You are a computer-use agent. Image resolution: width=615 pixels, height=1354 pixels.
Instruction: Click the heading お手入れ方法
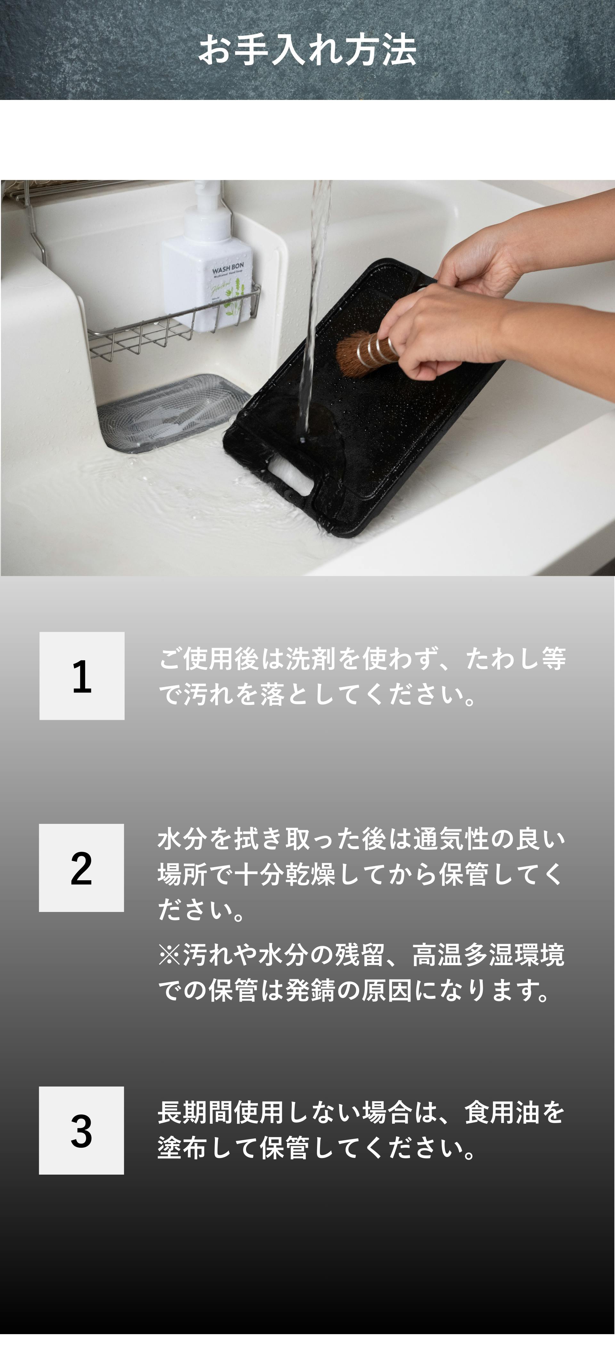coord(307,51)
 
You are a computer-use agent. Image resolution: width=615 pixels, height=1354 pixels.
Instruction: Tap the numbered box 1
coord(82,676)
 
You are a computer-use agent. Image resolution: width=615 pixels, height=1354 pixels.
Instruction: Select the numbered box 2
coord(81,867)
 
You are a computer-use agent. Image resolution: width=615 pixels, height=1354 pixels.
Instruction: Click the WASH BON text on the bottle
coord(228,269)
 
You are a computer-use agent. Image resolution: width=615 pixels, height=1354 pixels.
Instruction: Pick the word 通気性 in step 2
coord(451,839)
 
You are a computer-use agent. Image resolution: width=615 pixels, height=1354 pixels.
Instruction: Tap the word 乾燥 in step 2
coord(311,874)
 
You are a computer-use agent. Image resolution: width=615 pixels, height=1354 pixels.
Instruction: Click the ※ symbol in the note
coord(170,955)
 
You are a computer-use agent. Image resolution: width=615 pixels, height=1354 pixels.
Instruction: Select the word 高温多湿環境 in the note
coord(489,955)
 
